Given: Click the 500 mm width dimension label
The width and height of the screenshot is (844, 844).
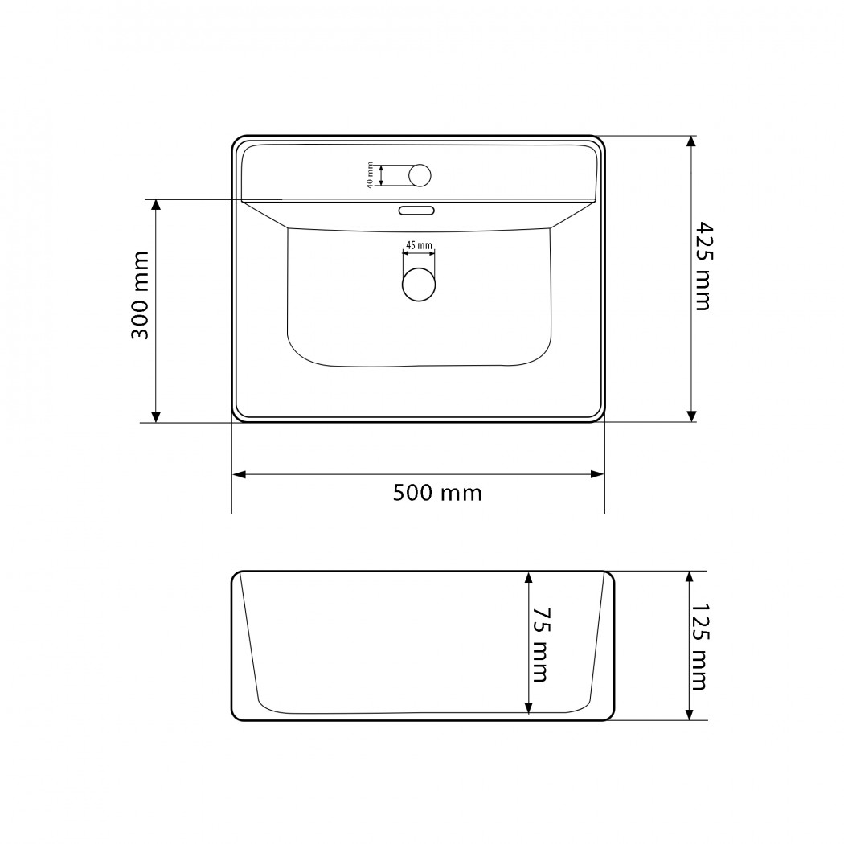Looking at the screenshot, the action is point(437,493).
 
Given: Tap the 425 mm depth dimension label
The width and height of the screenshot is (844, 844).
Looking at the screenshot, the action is point(702,266).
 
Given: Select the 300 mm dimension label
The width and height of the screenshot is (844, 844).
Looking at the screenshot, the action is point(141,294).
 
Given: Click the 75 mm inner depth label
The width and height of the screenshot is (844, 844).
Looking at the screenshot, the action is point(540,645).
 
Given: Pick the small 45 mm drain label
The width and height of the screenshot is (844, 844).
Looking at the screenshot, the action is point(419,245).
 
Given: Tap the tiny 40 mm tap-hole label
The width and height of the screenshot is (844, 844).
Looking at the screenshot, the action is point(370,175).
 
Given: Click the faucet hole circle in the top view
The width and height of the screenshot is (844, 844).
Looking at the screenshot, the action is point(420,175).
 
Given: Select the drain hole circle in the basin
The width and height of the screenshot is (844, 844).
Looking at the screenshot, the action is point(418,285).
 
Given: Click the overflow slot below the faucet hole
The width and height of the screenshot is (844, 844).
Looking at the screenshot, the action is point(416,210).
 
